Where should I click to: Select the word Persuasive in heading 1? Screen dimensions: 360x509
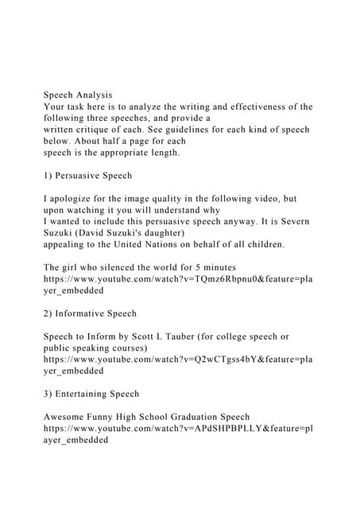pos(82,175)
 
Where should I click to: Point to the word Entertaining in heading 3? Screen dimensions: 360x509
pos(88,394)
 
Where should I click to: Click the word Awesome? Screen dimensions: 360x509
pos(70,417)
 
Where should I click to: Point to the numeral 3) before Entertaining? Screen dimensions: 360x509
pos(49,394)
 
